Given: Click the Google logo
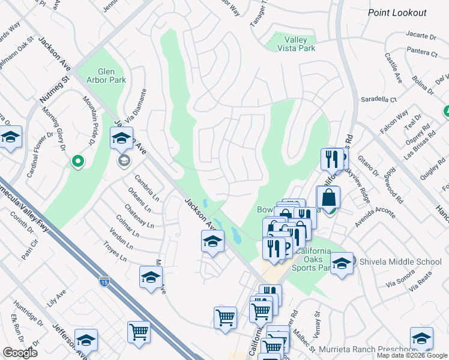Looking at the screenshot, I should tap(20, 353).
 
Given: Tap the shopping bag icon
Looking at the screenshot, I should tap(328, 198).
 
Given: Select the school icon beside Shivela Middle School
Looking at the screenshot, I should tap(342, 263).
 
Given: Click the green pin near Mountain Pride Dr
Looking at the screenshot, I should tap(77, 161).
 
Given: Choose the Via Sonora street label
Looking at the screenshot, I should tap(401, 275).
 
